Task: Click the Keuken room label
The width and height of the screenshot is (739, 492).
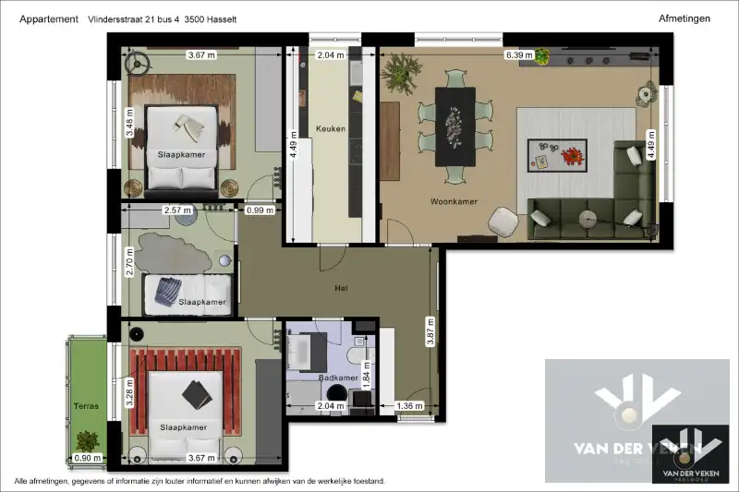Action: point(330,128)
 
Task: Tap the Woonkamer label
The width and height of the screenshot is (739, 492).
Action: point(454,200)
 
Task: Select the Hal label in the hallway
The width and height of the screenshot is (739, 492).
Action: point(341,289)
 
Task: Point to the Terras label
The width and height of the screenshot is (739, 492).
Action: point(87,404)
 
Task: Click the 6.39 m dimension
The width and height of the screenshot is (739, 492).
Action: point(519,55)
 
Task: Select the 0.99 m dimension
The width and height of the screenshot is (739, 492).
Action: point(261,210)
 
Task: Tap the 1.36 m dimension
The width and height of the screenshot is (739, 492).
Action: point(409,405)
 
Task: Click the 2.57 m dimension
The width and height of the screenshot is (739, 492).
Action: point(176,210)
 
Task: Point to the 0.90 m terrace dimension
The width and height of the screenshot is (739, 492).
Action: point(87,458)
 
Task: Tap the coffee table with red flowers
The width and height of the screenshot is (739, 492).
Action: point(556,155)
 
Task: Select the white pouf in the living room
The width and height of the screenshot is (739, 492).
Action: point(502,221)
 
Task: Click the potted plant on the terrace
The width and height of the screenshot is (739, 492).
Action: point(88,440)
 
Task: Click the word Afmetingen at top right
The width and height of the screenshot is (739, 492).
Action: point(684,18)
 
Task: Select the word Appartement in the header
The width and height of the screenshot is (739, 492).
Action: point(48,18)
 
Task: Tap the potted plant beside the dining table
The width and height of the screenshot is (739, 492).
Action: point(400,72)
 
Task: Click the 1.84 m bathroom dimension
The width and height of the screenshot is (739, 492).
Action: point(366,373)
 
